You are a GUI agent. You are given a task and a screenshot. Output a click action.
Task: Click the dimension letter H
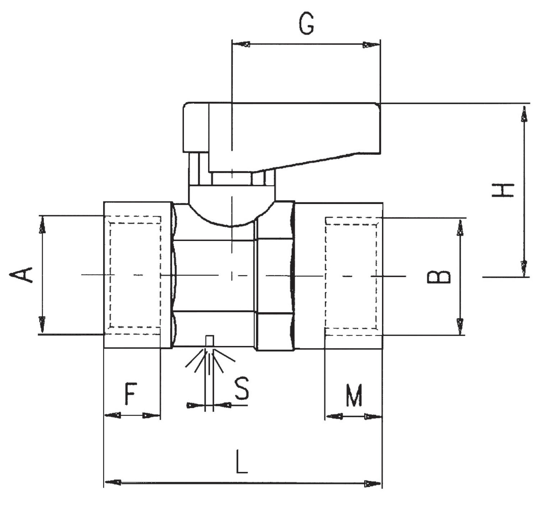pos(503,190)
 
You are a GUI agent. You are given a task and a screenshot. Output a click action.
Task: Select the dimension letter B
pos(438,277)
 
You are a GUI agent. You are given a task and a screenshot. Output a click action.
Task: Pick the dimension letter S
pos(241,389)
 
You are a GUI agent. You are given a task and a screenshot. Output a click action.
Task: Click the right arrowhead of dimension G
pos(371,45)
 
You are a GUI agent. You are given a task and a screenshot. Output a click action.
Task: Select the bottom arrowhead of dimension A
pos(42,324)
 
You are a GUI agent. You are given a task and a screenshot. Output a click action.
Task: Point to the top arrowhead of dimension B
pos(460,228)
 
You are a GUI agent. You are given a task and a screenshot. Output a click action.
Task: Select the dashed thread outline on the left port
pos(135,275)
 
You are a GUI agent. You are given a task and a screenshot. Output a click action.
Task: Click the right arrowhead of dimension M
pos(374,417)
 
